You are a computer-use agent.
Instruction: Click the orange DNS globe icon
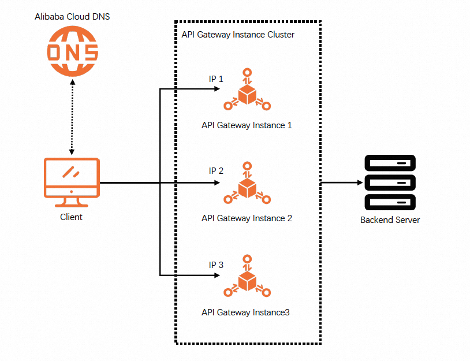click(x=72, y=52)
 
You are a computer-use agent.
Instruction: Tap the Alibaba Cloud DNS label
click(x=72, y=17)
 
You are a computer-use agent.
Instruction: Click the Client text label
click(x=72, y=217)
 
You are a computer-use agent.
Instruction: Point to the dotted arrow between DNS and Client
click(x=72, y=119)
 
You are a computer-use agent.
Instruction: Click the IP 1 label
click(x=216, y=79)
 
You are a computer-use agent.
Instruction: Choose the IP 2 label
click(x=216, y=171)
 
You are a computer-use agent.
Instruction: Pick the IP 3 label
click(x=216, y=265)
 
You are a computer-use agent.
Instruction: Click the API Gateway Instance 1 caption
click(x=247, y=125)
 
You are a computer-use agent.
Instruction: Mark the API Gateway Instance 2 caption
click(x=247, y=218)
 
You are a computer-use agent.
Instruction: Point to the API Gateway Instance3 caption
click(x=245, y=312)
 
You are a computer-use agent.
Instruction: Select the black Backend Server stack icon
click(x=390, y=183)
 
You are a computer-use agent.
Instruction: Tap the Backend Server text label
click(x=390, y=220)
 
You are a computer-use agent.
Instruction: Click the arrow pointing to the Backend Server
click(x=341, y=183)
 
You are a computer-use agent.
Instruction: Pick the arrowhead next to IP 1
click(x=220, y=90)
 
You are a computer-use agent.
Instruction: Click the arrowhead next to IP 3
click(x=220, y=275)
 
